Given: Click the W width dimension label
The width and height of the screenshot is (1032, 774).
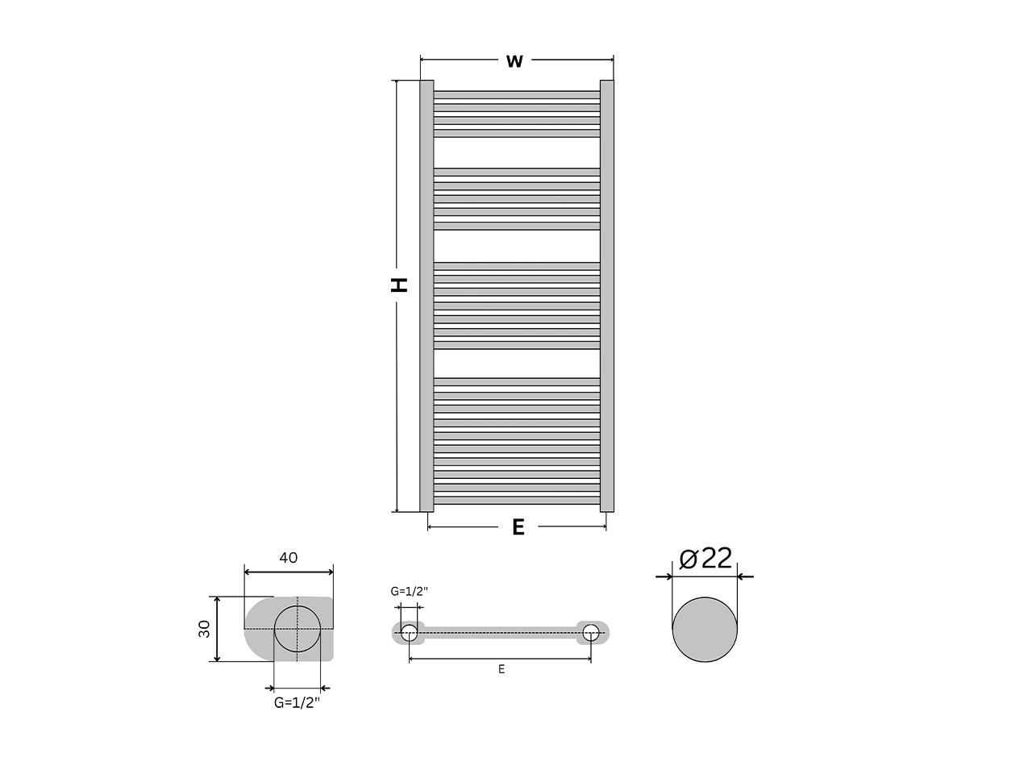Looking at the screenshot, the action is pyautogui.click(x=514, y=61).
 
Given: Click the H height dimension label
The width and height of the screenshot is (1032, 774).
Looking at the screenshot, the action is pyautogui.click(x=399, y=285).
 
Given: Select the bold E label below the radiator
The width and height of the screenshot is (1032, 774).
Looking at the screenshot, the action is pyautogui.click(x=518, y=527).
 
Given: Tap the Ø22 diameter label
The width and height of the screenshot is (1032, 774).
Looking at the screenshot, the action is pyautogui.click(x=705, y=558).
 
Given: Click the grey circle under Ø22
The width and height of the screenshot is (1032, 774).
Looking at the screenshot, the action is pyautogui.click(x=705, y=629).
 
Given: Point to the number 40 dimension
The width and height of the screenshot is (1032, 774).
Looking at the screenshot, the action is pyautogui.click(x=288, y=557).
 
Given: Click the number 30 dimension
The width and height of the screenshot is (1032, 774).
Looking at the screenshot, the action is pyautogui.click(x=204, y=629).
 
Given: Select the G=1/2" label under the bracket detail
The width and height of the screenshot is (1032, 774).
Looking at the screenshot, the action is pyautogui.click(x=297, y=703).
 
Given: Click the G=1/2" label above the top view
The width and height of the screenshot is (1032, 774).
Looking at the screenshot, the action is pyautogui.click(x=409, y=591).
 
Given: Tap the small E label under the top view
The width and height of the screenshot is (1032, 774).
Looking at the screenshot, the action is pyautogui.click(x=501, y=669).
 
